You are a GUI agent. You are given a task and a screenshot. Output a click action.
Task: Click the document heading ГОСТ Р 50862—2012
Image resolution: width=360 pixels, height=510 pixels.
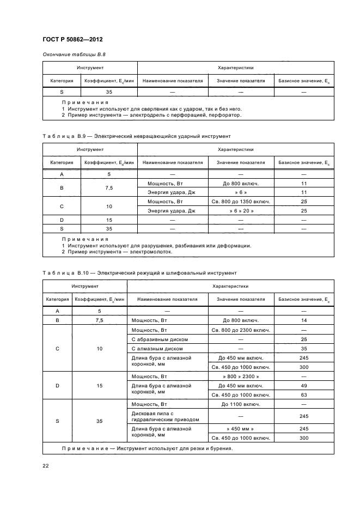tap(72, 40)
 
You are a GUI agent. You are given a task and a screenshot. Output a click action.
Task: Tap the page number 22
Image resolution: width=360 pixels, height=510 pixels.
tap(46, 465)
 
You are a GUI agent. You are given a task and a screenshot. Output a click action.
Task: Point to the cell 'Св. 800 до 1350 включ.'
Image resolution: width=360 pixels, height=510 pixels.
tap(241, 201)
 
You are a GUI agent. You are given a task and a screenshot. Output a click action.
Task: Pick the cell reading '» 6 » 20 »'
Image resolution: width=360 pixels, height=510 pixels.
tap(241, 210)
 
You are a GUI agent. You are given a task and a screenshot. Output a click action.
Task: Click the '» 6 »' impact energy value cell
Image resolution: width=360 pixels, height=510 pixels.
tap(241, 192)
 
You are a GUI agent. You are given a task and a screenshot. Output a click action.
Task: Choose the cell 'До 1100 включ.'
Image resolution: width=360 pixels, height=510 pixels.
tap(241, 404)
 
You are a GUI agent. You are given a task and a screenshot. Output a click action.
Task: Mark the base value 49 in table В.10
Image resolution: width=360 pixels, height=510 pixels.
tap(304, 386)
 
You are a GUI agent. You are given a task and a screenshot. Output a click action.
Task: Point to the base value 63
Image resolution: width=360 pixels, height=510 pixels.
tap(304, 395)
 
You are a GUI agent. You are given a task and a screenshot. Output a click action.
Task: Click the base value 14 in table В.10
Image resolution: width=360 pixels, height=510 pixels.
tap(304, 320)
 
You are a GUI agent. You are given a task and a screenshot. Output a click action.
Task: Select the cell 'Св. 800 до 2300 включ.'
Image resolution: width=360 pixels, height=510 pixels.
tap(241, 330)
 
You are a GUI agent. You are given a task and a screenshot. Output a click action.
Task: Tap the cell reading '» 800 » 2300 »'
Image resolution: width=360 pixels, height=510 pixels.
tap(241, 377)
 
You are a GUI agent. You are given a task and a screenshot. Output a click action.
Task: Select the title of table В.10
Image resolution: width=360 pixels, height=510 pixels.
tap(139, 272)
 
